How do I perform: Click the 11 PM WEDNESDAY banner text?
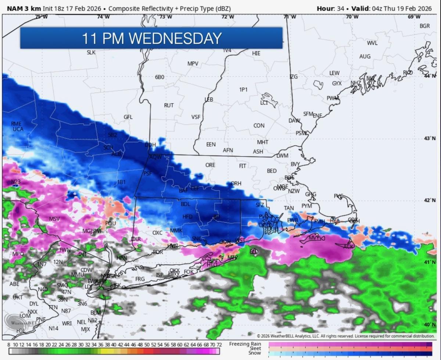point(151,38)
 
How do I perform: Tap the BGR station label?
point(424,26)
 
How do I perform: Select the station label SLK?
point(91,53)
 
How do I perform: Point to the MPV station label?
point(193,64)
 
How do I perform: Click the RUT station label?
point(169,105)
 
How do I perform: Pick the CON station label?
point(259,126)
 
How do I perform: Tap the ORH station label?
point(236,183)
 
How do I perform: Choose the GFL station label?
point(128,117)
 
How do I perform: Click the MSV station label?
point(54,219)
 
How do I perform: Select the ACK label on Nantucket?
point(348,246)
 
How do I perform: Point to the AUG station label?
point(365,57)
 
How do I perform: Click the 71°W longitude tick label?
point(290,17)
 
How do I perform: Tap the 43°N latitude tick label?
point(430,138)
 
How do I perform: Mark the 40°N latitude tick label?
point(430,325)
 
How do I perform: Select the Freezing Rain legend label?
point(245,344)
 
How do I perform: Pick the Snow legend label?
point(255,353)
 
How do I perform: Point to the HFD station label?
point(187,217)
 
